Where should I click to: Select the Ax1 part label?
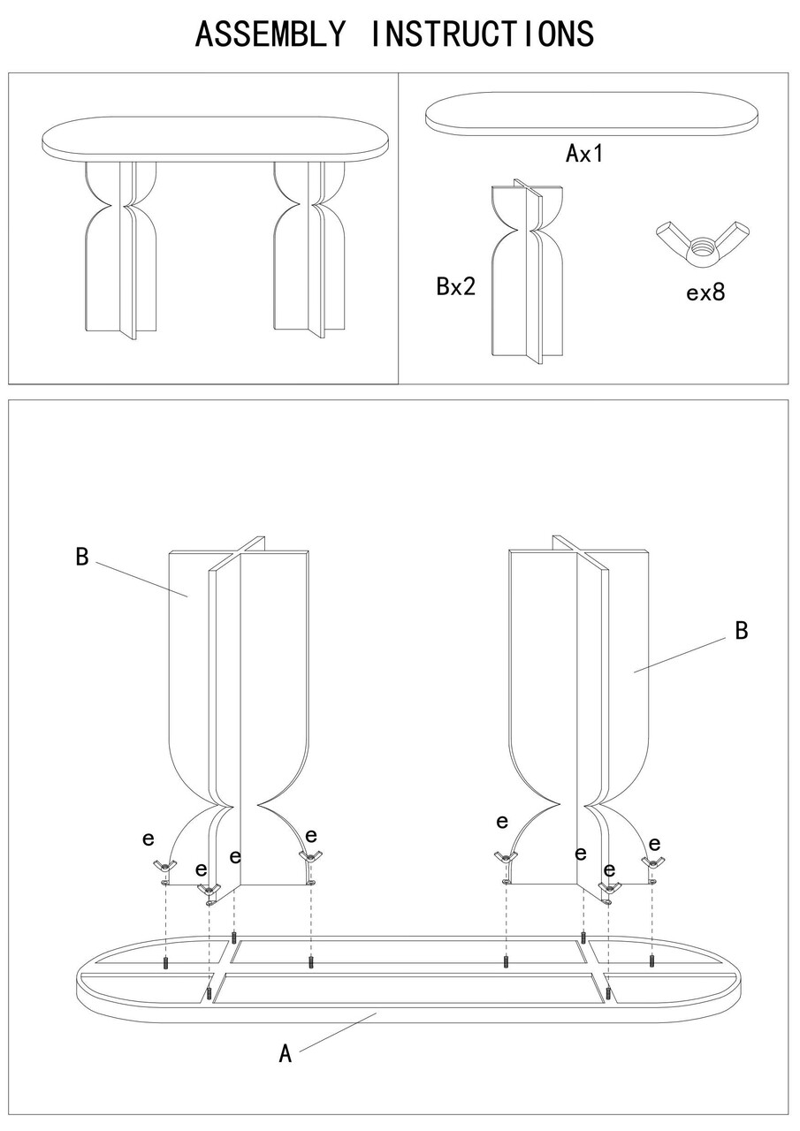(583, 154)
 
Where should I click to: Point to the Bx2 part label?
(456, 286)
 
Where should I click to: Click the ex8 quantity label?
(705, 292)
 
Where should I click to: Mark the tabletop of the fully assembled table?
(216, 140)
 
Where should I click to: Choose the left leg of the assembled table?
(122, 247)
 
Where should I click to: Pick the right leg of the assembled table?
(311, 247)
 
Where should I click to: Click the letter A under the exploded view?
(286, 1053)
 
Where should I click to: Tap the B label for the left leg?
(82, 558)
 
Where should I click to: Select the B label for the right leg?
(742, 631)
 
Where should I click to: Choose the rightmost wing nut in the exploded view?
(654, 862)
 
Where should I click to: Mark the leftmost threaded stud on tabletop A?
(166, 963)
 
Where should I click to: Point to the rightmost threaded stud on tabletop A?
(651, 960)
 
